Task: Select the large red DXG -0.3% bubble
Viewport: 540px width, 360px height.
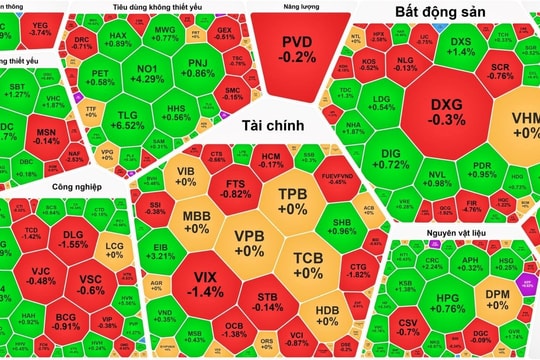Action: coord(447,112)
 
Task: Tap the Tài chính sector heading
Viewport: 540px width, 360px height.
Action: coord(271,127)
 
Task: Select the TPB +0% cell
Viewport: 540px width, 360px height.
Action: coord(292,200)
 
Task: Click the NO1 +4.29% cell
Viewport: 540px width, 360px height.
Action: coord(147,72)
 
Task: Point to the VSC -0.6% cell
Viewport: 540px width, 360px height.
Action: coord(91,285)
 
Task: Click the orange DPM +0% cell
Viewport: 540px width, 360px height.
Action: coord(498,273)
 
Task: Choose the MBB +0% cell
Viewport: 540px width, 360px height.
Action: coord(197,221)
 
